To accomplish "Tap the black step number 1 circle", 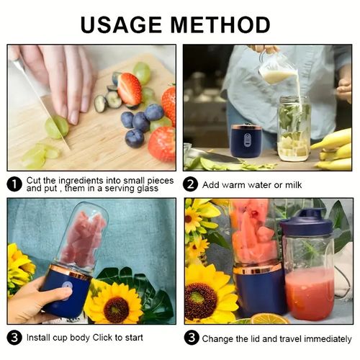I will pyautogui.click(x=14, y=184).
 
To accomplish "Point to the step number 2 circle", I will pyautogui.click(x=191, y=184).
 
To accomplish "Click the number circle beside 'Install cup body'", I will pyautogui.click(x=14, y=337).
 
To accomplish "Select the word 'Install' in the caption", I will pyautogui.click(x=41, y=337).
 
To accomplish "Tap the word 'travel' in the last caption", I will pyautogui.click(x=284, y=337).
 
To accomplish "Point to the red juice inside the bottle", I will pyautogui.click(x=310, y=292).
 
